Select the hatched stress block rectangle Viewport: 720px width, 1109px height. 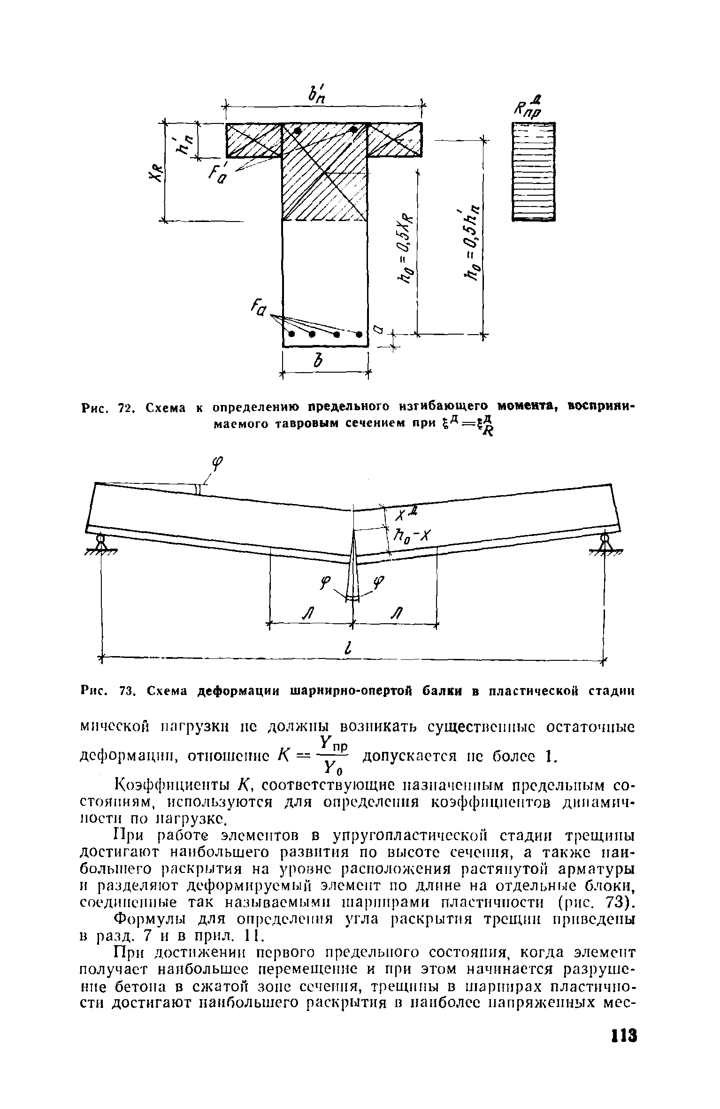click(x=533, y=171)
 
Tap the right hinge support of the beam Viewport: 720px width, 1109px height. click(x=605, y=545)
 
